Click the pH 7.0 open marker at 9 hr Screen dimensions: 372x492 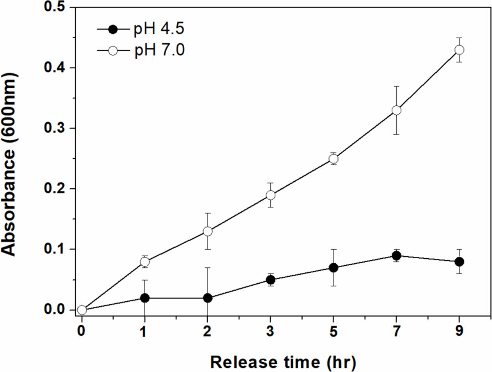pyautogui.click(x=459, y=50)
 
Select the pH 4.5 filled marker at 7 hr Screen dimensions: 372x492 pyautogui.click(x=396, y=256)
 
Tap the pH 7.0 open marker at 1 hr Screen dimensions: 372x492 pyautogui.click(x=145, y=261)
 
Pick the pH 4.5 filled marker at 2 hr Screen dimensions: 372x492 pyautogui.click(x=208, y=298)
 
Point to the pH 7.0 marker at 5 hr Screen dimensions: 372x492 pyautogui.click(x=333, y=159)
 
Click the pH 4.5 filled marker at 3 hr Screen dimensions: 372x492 pyautogui.click(x=271, y=280)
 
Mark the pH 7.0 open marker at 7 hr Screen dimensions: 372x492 pyautogui.click(x=396, y=111)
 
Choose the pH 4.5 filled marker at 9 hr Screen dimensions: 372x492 pyautogui.click(x=459, y=261)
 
